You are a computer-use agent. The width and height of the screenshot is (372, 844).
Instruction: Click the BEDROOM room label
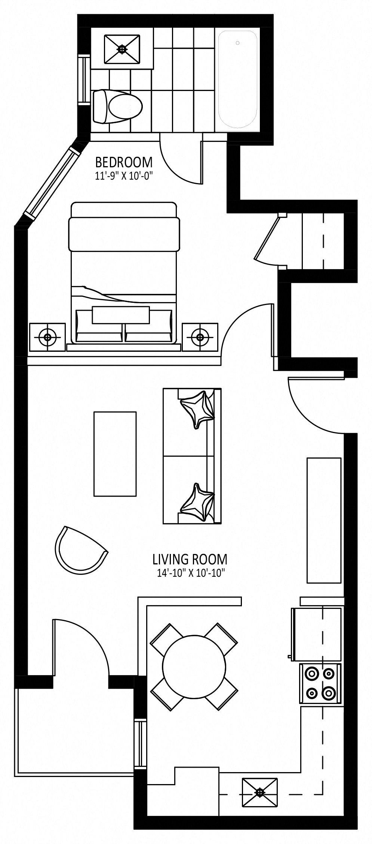pos(124,162)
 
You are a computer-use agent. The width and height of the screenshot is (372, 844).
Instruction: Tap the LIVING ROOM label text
pos(190,559)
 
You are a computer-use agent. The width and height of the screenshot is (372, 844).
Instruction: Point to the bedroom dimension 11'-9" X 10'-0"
pos(124,176)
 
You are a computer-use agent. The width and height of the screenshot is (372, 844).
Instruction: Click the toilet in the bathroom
pos(117,106)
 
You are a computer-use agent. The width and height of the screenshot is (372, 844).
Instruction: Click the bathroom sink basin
pos(122,49)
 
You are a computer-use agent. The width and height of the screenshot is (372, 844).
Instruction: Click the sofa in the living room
pos(192,455)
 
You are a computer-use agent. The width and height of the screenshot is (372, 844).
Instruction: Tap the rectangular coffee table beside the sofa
pos(115,454)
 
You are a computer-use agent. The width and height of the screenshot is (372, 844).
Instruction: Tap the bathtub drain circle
pos(238,43)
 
